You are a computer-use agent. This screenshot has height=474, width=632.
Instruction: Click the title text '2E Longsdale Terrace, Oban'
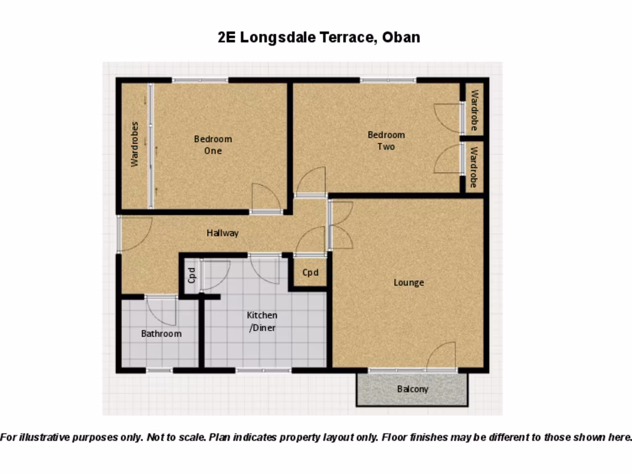319,37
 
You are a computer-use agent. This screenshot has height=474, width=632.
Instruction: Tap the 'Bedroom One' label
213,145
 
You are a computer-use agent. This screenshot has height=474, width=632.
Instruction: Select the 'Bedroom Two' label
386,141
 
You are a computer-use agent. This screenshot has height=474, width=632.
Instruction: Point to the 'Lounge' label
409,283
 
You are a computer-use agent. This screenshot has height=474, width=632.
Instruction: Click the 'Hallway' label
222,233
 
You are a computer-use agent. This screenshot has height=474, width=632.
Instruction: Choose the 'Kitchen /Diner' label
262,322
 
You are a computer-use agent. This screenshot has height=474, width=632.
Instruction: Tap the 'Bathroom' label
161,334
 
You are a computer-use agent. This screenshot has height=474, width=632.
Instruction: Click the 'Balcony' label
412,389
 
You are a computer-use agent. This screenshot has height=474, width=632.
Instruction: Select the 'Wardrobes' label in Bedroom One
135,144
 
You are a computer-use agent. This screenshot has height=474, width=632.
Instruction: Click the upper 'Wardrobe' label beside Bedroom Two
474,110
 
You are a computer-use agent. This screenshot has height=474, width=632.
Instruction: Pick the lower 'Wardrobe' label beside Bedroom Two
474,167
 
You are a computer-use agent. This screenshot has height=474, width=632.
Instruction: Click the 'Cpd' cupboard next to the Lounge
310,272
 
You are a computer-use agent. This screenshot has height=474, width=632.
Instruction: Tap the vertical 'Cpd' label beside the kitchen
191,274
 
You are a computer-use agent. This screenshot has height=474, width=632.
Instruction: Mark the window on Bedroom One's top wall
200,80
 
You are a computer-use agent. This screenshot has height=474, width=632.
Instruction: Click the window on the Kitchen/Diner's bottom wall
263,370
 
